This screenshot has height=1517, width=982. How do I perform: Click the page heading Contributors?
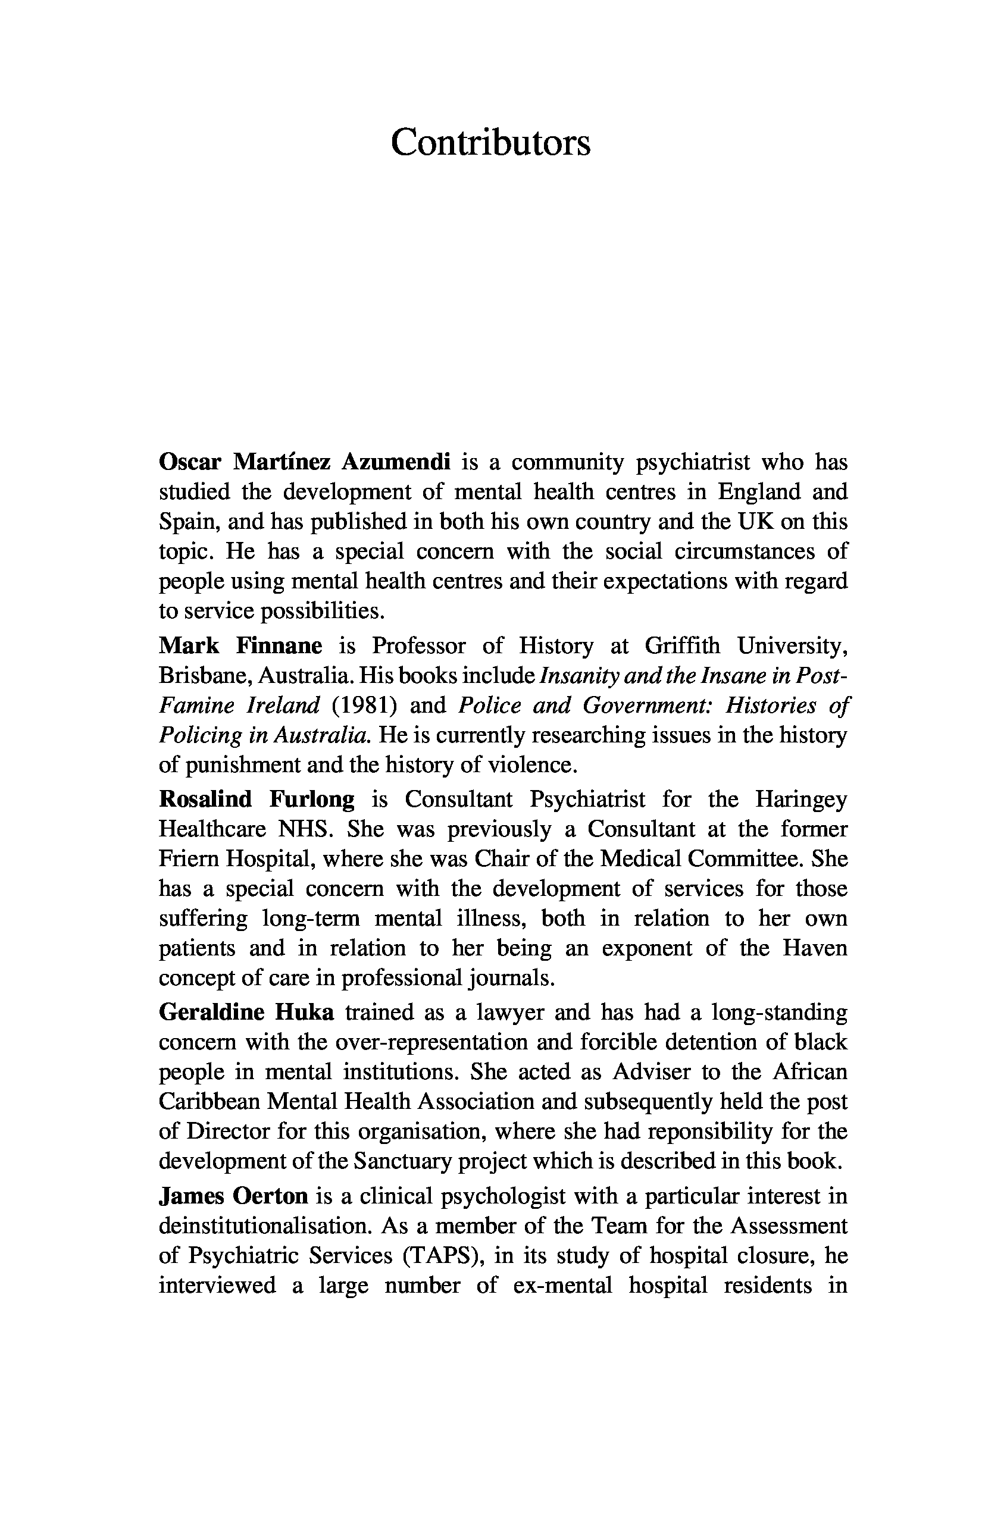[490, 143]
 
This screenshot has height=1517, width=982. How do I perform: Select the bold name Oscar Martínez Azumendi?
[305, 462]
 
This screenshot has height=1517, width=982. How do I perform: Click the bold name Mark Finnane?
[240, 645]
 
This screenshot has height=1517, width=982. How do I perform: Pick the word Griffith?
[682, 645]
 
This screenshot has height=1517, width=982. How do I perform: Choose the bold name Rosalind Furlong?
[257, 800]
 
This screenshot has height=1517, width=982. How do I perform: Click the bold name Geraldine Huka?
[246, 1012]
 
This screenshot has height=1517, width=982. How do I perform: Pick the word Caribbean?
[208, 1101]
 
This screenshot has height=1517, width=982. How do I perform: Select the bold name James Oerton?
[233, 1196]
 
